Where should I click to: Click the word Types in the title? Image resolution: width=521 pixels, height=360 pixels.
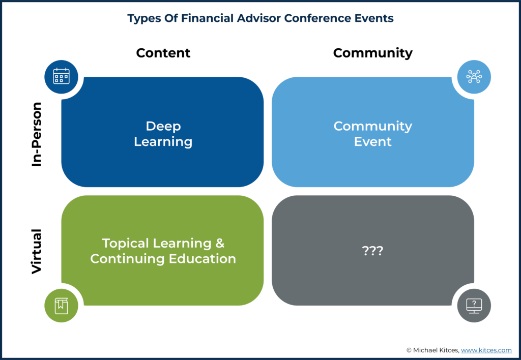coord(144,19)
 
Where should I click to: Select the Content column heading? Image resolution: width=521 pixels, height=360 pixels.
coord(163,53)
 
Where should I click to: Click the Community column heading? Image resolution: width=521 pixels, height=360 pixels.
coord(373,53)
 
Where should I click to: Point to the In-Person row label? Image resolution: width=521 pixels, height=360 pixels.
coord(37,134)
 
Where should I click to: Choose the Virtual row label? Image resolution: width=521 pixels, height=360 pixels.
coord(37,251)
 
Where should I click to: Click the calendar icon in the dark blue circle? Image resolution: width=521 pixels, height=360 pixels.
coord(62,76)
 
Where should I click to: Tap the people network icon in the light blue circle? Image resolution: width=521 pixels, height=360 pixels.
coord(474,76)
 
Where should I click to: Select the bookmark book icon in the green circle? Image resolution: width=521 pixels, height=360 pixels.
coord(61,306)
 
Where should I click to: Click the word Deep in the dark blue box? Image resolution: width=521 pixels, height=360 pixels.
coord(163,126)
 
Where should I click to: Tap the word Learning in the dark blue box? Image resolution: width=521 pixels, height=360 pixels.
coord(163,142)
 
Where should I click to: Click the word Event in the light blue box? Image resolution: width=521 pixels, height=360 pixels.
coord(373,142)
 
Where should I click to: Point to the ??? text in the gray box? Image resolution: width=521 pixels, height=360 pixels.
coord(372,250)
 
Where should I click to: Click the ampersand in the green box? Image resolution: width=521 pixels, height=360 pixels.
coord(220,244)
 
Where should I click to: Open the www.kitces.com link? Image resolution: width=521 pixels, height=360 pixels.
coord(486,350)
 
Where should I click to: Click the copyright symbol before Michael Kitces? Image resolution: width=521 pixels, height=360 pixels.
coord(409,350)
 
